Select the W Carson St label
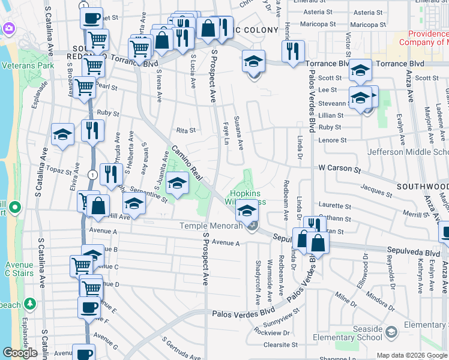pyautogui.click(x=340, y=169)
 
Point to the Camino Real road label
pyautogui.click(x=187, y=163)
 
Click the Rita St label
pyautogui.click(x=186, y=130)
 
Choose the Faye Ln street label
pyautogui.click(x=227, y=134)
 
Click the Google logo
pyautogui.click(x=20, y=353)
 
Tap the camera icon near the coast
pyautogui.click(x=8, y=28)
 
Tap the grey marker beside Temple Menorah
pyautogui.click(x=253, y=226)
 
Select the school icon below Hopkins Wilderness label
pyautogui.click(x=246, y=210)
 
